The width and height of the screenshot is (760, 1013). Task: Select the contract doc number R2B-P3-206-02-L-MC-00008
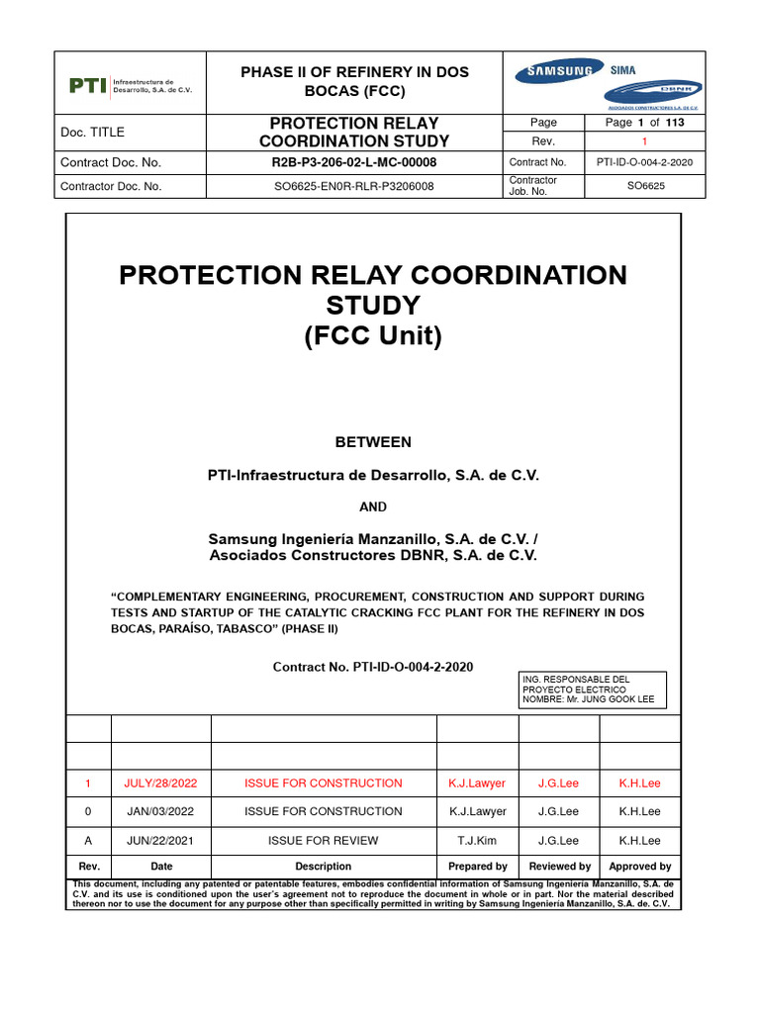[354, 162]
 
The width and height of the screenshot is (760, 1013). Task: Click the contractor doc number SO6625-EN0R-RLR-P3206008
[354, 186]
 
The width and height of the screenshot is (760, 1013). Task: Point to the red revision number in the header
[644, 142]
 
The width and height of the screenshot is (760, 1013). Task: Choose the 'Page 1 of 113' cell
[644, 123]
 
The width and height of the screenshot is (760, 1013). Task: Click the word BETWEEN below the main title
[372, 441]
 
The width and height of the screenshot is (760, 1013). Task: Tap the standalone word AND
[372, 506]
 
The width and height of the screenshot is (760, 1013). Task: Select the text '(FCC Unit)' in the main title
[372, 336]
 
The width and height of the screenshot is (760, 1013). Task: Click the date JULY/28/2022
[160, 783]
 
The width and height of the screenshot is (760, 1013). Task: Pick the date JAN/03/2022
[160, 812]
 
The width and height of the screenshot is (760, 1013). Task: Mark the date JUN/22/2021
[160, 841]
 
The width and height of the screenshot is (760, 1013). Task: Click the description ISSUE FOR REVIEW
[323, 841]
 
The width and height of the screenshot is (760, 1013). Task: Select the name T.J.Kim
[477, 841]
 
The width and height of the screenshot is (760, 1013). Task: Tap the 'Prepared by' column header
[477, 867]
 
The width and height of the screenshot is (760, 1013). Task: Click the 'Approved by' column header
[639, 867]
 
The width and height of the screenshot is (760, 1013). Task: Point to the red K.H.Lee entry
[639, 783]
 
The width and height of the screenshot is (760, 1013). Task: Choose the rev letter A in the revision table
[87, 841]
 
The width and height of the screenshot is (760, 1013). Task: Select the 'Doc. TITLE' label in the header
[93, 133]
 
